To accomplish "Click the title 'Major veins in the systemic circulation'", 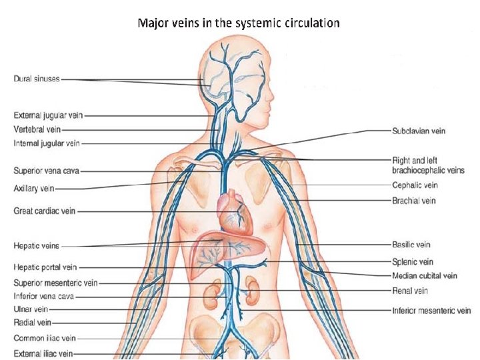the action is click(x=239, y=23).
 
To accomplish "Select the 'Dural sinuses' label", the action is click(x=37, y=79).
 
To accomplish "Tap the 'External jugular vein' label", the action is click(x=49, y=115).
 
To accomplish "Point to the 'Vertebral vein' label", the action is click(x=37, y=129).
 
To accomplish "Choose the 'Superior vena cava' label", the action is click(x=47, y=171).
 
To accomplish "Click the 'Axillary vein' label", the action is click(x=34, y=189).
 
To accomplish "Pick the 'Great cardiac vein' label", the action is click(x=45, y=211).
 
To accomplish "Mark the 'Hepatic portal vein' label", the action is click(x=46, y=267).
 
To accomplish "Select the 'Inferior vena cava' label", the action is click(x=44, y=296).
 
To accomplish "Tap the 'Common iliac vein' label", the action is click(x=45, y=338).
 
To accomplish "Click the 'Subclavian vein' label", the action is click(x=419, y=131).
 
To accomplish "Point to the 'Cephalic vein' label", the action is click(x=415, y=185).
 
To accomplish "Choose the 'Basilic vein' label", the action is click(x=411, y=245).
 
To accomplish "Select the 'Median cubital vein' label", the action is click(x=424, y=275).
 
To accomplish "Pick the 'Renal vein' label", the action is click(x=410, y=291).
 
